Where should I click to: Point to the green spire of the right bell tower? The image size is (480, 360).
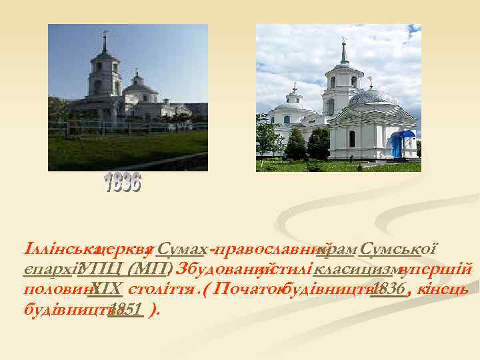click(x=344, y=52)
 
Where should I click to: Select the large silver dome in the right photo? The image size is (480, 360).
click(x=372, y=98)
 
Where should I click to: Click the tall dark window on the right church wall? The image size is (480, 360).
click(x=351, y=139)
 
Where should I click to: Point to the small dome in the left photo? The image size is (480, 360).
click(x=139, y=85)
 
